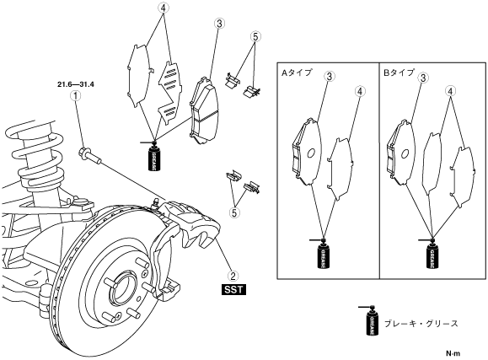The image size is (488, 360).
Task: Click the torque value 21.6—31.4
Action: coord(76,84)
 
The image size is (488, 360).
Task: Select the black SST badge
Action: coord(233,290)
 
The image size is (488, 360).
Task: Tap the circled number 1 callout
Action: coord(75,95)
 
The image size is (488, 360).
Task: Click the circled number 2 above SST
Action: coord(233,276)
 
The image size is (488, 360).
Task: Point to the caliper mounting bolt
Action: coord(90,155)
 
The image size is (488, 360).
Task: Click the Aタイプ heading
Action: coord(297,73)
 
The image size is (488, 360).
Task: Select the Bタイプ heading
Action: coord(400,73)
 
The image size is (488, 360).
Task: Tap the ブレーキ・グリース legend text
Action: coord(421,324)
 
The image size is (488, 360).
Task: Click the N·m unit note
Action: coord(453,353)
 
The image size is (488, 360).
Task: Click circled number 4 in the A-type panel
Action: coord(359,92)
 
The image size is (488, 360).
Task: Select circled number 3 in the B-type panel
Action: coord(423,78)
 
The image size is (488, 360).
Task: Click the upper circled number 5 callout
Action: coord(255,37)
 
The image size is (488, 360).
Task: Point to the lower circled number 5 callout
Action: coord(234,212)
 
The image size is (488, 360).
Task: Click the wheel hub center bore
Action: coord(122,288)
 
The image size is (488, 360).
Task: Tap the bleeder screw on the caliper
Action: coord(155,202)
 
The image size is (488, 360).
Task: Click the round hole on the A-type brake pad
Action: coord(310,153)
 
